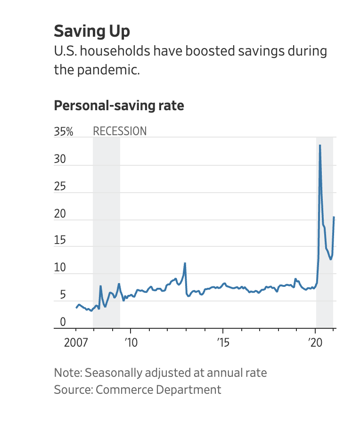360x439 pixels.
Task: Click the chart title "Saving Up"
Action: pos(91,31)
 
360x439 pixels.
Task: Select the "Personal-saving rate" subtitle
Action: pos(119,106)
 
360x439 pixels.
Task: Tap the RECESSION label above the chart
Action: pos(120,131)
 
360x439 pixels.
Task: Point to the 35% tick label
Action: pos(64,131)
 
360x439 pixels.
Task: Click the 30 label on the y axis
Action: pos(60,159)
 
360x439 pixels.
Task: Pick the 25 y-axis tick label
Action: pos(60,187)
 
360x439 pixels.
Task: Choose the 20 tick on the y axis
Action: pos(60,214)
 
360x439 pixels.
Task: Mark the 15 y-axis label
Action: pos(60,241)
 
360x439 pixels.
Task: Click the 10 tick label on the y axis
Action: pos(60,268)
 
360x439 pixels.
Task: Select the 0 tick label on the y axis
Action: pos(63,323)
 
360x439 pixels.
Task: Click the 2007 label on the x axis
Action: pos(76,342)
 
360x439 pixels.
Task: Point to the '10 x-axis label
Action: pos(131,342)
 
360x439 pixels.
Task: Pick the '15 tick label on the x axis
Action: pos(223,342)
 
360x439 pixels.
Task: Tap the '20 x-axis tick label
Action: pos(315,342)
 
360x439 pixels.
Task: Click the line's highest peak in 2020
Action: pos(320,145)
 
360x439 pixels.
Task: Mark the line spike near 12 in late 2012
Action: pos(185,263)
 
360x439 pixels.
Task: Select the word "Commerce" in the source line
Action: pos(123,390)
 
